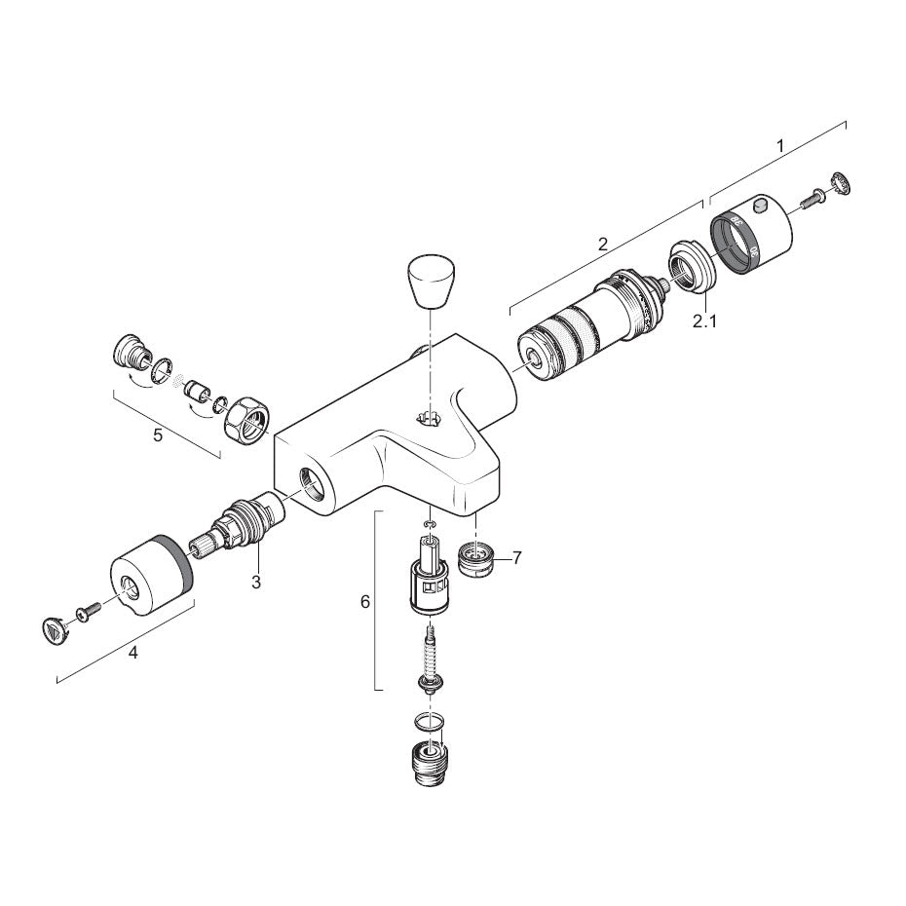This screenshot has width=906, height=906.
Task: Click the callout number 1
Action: click(x=780, y=146)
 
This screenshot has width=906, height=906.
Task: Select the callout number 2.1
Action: click(x=705, y=321)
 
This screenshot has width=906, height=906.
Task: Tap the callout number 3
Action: click(x=256, y=582)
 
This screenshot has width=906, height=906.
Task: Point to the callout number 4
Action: click(x=133, y=654)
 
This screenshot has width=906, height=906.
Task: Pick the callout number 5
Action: click(x=158, y=434)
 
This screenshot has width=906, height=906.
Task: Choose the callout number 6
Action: click(x=365, y=602)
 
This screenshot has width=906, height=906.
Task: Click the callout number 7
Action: click(x=516, y=557)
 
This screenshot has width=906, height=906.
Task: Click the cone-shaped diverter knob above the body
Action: click(x=432, y=281)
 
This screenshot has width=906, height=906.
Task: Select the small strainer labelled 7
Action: click(x=476, y=558)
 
